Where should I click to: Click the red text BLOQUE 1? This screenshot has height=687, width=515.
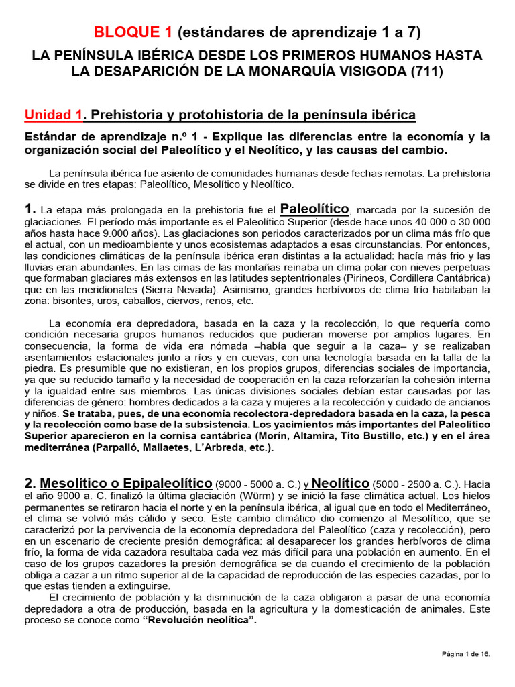point(133,32)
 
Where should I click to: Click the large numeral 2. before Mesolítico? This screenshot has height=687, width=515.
point(30,483)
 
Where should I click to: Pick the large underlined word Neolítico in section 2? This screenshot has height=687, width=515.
point(341,483)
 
